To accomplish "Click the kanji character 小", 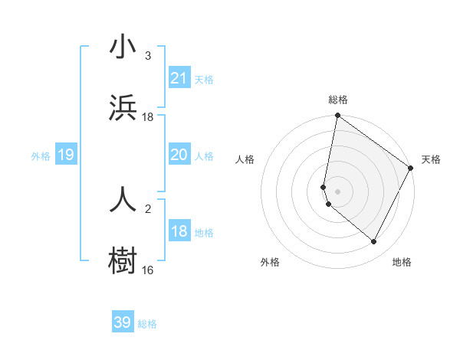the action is click(123, 47).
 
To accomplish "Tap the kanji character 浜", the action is click(123, 108).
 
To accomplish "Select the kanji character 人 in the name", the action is click(123, 199).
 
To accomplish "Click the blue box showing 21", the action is click(179, 77).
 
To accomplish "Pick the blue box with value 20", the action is click(179, 155).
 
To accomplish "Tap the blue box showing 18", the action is click(179, 231).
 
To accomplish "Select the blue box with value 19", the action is click(66, 155).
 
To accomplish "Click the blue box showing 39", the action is click(123, 322).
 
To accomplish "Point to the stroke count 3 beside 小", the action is click(148, 56).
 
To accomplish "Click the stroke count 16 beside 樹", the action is click(148, 270).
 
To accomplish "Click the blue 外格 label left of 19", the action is click(41, 156).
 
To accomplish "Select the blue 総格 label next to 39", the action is click(147, 324).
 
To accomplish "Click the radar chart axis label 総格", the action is click(338, 100).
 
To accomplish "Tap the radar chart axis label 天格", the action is click(431, 159).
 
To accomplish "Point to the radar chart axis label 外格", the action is click(270, 262).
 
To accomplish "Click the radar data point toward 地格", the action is click(374, 242).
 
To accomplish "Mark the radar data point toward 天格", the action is click(411, 169).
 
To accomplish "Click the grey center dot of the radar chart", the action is click(338, 191).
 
